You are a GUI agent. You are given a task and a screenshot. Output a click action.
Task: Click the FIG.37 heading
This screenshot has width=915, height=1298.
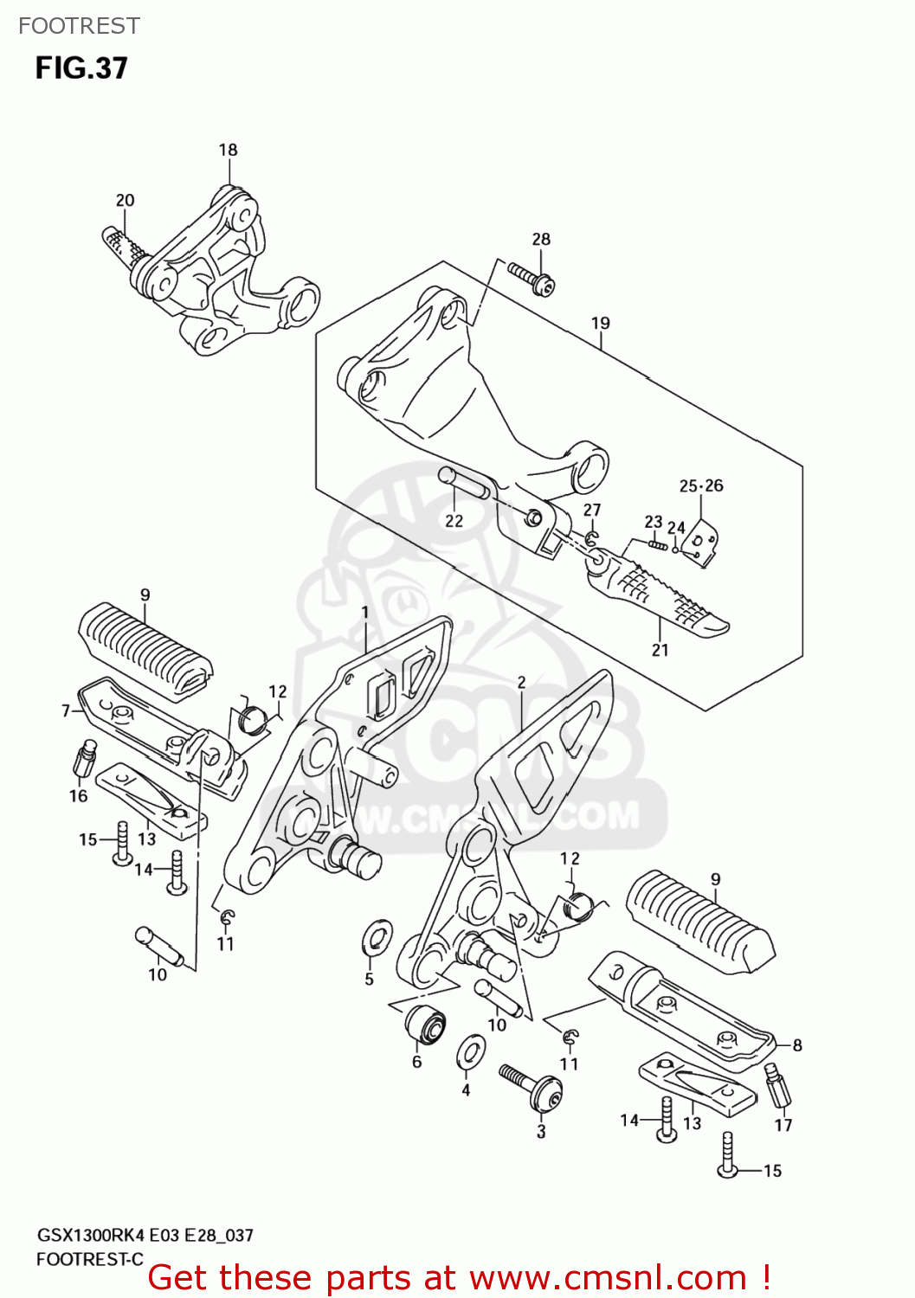pos(81,67)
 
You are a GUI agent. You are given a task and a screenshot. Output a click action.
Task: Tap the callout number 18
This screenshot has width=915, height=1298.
pos(228,150)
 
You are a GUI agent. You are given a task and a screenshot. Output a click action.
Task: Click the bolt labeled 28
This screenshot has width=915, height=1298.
pos(531,278)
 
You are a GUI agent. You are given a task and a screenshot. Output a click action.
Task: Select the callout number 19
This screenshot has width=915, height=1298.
pos(600,323)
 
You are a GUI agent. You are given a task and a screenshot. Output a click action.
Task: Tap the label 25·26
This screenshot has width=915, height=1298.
pos(701,485)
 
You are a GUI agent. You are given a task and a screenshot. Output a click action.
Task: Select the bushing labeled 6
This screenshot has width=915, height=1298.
pos(425,1024)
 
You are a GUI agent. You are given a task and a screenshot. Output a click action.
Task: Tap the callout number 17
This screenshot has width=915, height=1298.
pos(783,1125)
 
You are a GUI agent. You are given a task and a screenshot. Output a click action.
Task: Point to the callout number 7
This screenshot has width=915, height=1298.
pos(66,710)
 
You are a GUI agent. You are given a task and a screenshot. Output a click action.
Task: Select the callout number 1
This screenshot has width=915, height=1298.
pos(365,612)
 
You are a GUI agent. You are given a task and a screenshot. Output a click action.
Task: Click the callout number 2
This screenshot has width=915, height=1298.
pos(521,682)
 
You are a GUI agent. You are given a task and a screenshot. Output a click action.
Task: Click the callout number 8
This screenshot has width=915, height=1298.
pos(796,1045)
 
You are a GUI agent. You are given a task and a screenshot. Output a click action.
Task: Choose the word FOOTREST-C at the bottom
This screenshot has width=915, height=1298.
pos(89,1259)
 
